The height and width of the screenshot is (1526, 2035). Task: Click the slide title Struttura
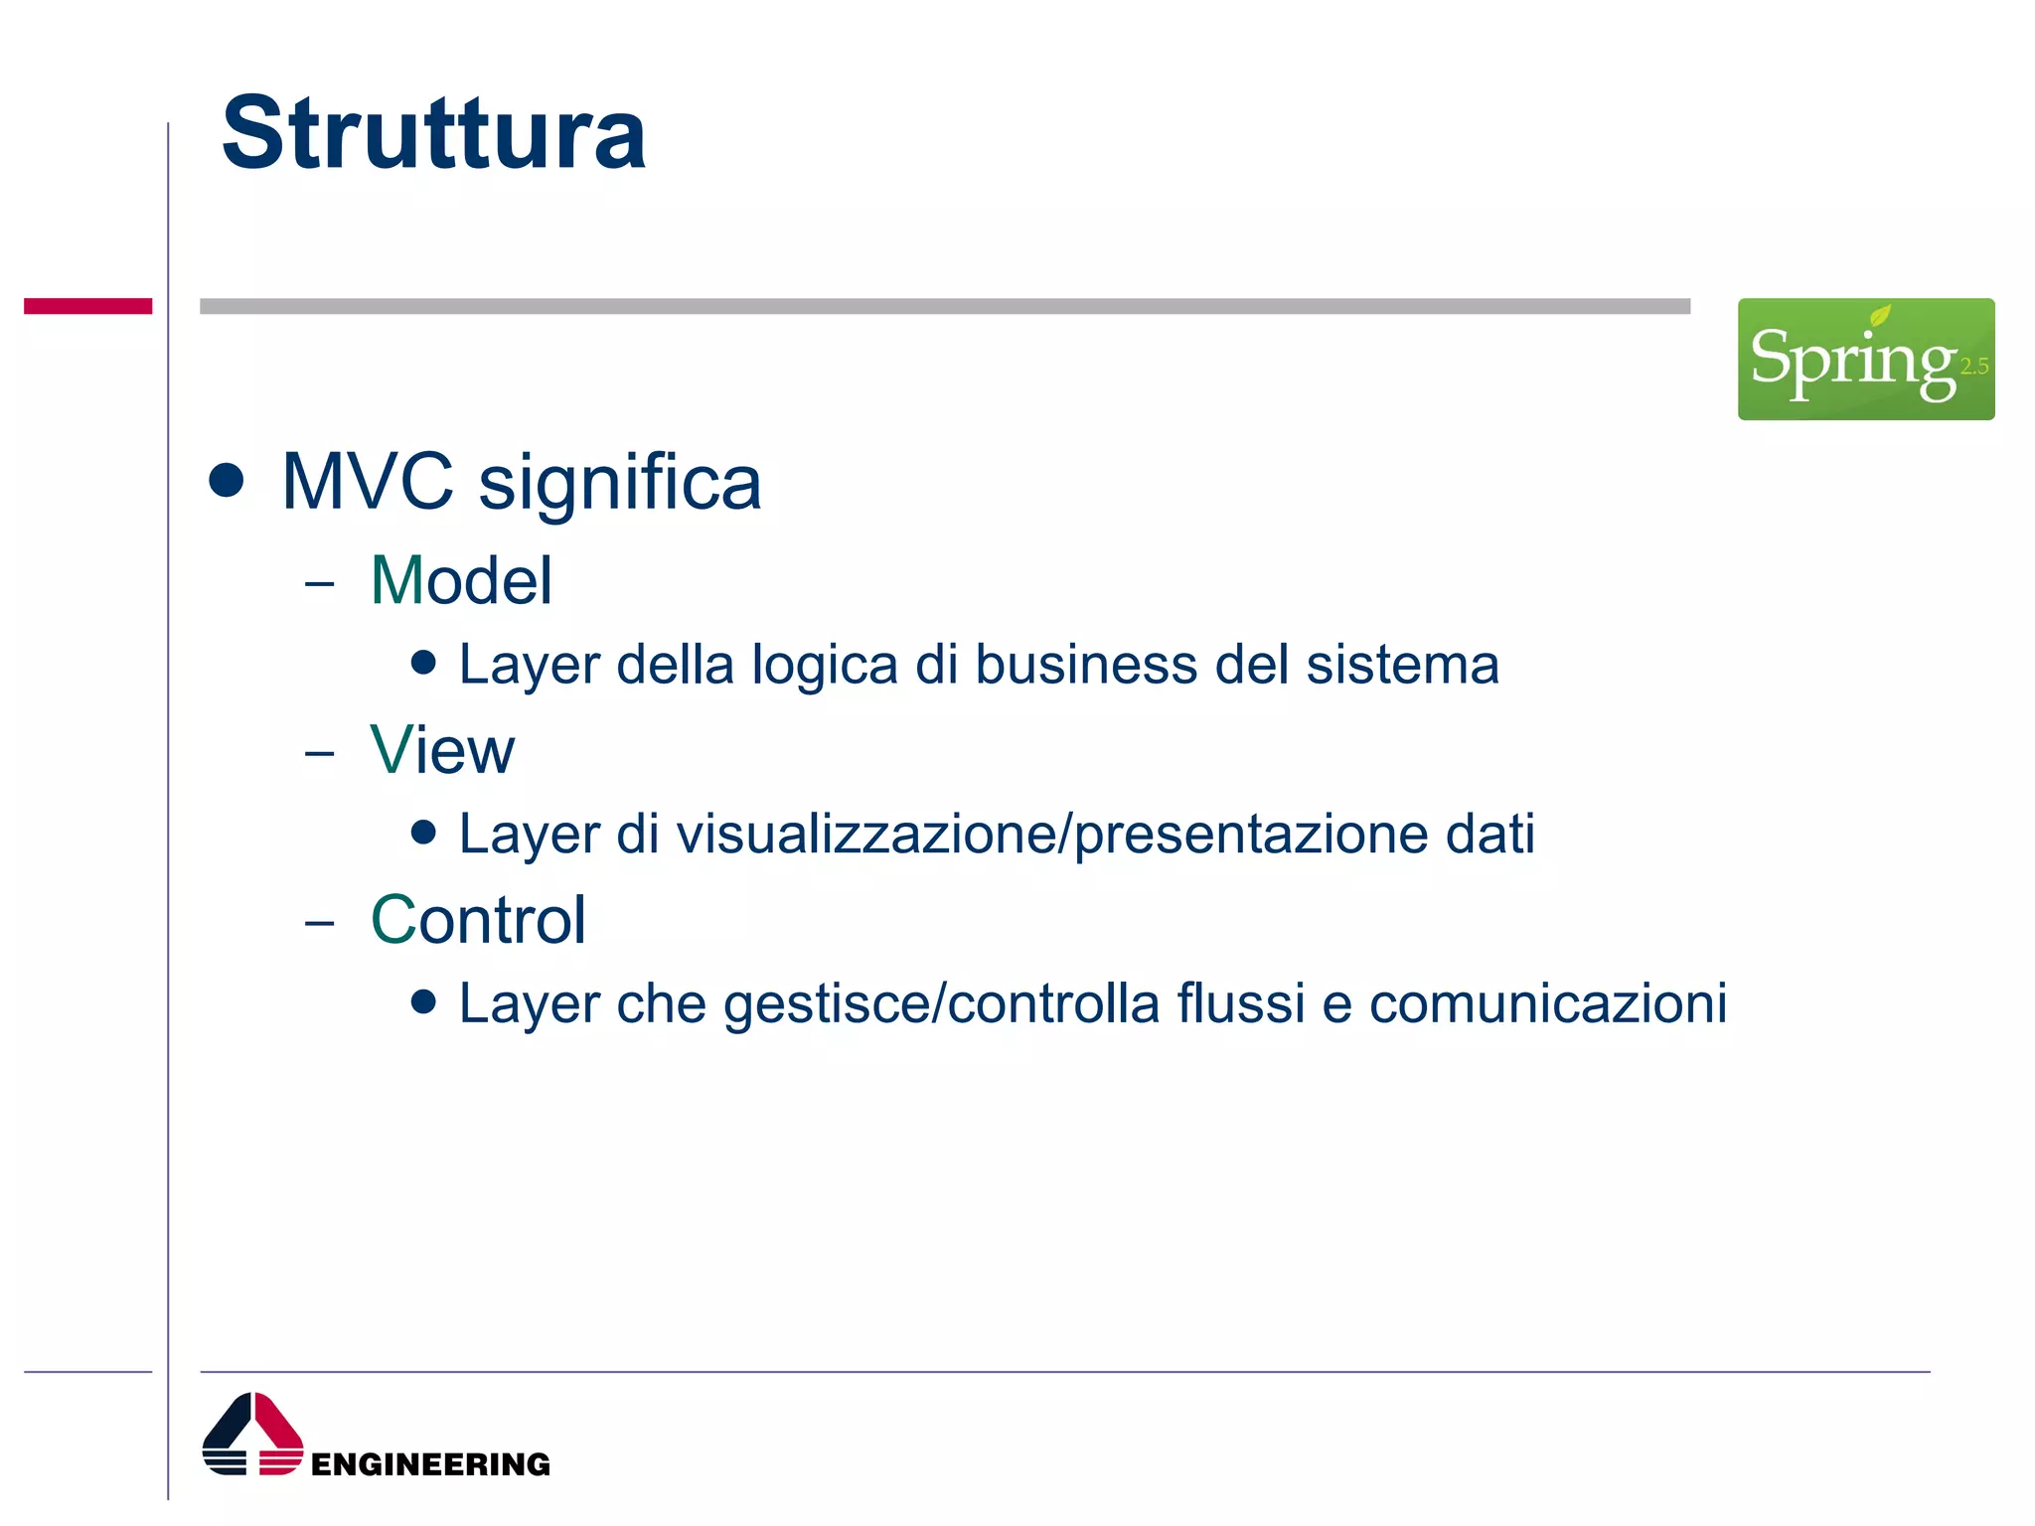click(433, 133)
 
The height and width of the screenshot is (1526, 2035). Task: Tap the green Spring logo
click(1865, 359)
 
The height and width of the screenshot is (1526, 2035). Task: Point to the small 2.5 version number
click(1973, 367)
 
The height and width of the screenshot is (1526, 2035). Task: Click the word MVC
click(367, 482)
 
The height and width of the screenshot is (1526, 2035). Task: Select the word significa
click(620, 484)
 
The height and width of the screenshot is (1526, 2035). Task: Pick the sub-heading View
click(442, 750)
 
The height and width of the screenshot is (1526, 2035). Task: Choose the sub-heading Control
click(478, 920)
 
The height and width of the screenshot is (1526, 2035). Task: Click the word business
click(1086, 665)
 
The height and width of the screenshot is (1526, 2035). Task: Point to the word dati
click(1489, 834)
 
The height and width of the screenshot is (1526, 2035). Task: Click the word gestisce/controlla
click(941, 1004)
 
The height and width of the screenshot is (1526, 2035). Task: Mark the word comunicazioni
click(1548, 1003)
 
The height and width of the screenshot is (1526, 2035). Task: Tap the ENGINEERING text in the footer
click(430, 1464)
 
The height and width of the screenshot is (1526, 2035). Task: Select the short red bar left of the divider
click(87, 306)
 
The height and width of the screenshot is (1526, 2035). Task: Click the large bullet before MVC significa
click(227, 480)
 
